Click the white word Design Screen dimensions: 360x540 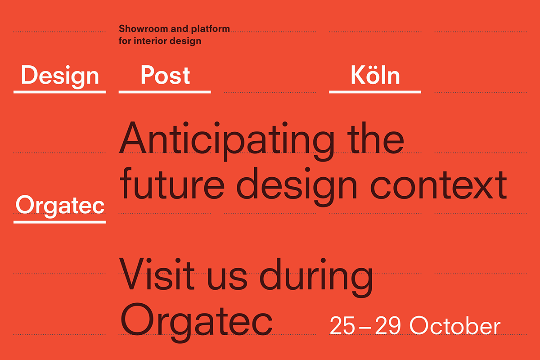60,76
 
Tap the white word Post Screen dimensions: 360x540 165,76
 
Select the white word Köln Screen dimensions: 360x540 375,76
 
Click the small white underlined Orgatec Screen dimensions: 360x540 60,206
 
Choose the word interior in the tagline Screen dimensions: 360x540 150,41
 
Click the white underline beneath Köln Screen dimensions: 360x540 375,92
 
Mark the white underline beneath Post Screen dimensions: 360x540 165,92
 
